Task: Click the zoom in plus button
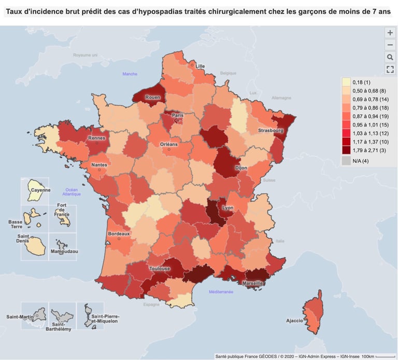(390, 32)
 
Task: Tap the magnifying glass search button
(390, 57)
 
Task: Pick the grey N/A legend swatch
(346, 161)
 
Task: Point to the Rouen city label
(152, 97)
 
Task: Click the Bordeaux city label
(119, 234)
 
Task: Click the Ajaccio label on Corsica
(294, 321)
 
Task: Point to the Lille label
(200, 66)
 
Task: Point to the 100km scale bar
(385, 356)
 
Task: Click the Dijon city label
(240, 168)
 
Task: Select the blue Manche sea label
(130, 74)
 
